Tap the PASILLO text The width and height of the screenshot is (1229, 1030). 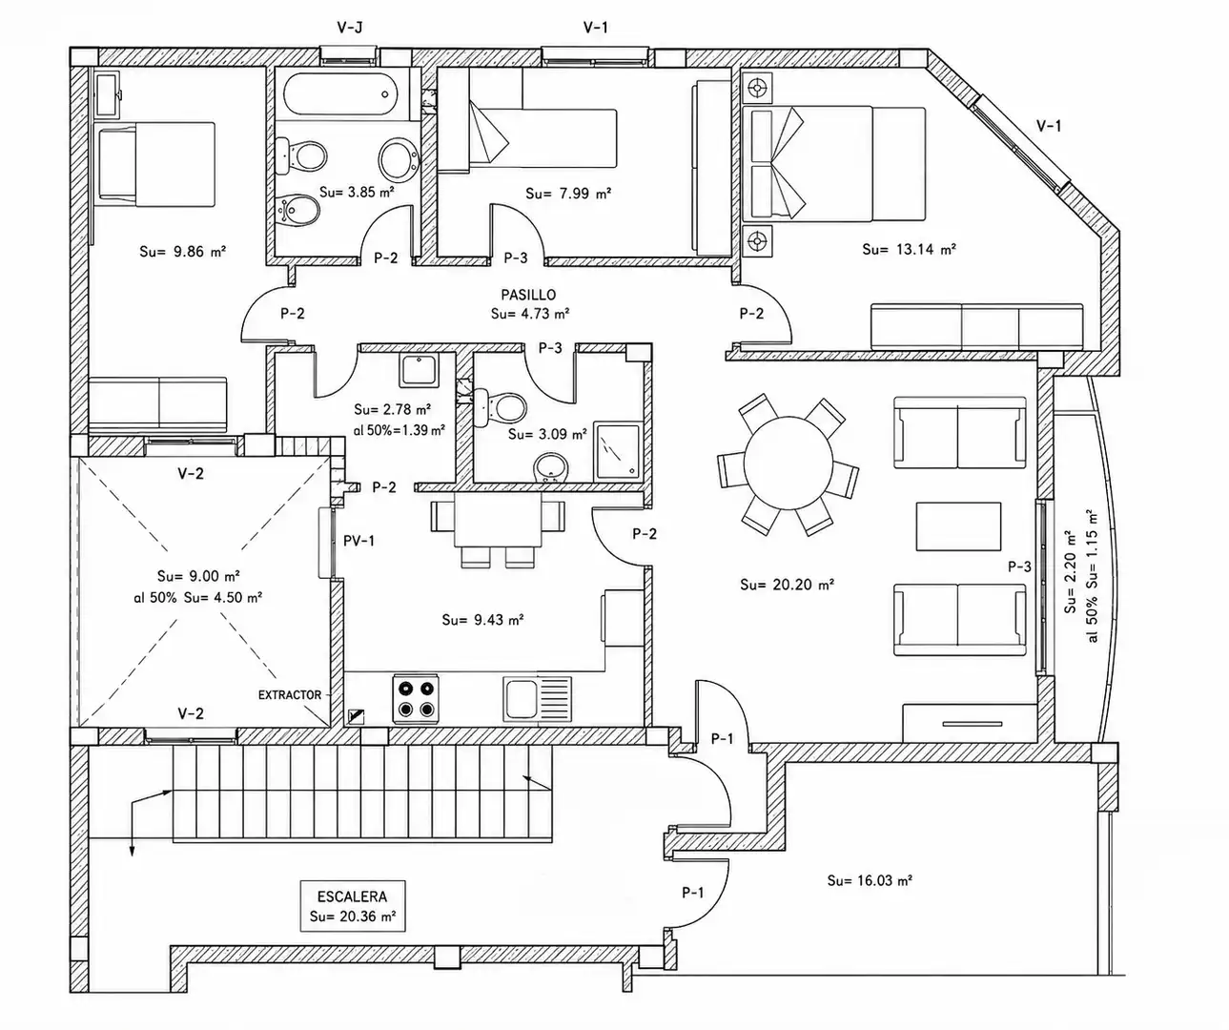coord(528,295)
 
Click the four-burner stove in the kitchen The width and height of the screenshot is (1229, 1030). coord(416,698)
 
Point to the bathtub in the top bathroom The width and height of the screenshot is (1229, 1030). coord(340,93)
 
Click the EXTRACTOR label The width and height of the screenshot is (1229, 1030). coord(290,695)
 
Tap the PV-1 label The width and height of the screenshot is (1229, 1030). coord(359,541)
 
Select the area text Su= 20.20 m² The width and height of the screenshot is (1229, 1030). coord(787,585)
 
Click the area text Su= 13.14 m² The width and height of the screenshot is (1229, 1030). coord(909,249)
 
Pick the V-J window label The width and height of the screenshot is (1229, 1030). coord(349,27)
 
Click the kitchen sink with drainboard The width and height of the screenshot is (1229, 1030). coord(537,698)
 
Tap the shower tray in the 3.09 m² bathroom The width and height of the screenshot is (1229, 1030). coord(618,450)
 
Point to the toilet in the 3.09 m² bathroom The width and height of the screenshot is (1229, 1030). coord(502,407)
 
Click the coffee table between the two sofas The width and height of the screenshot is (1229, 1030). coord(958,526)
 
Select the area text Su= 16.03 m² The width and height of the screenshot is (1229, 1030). coord(870,880)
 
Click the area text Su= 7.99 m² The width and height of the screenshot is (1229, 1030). coord(568,194)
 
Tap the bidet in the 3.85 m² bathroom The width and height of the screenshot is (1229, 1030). coord(298,210)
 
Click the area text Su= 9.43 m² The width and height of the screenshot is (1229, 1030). coord(482,620)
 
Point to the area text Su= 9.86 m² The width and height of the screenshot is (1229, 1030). coord(182,252)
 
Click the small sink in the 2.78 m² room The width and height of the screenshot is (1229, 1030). coord(419,370)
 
